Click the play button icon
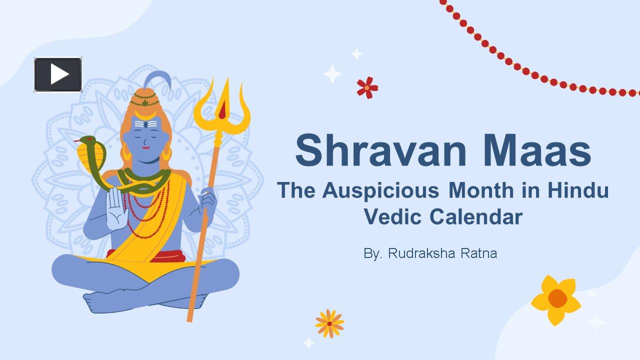click(x=58, y=74)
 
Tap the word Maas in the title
click(x=537, y=150)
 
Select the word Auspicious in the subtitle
click(x=380, y=191)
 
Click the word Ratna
click(x=479, y=253)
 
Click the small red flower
click(x=367, y=87)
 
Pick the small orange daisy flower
click(x=329, y=323)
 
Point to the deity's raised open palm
click(x=116, y=208)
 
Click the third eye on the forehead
click(x=145, y=124)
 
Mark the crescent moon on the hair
click(x=145, y=115)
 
